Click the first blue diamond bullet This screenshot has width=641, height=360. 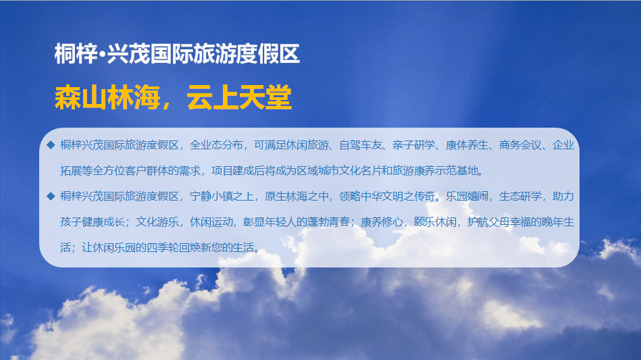pyautogui.click(x=51, y=145)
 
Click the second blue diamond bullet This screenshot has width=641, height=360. pyautogui.click(x=51, y=196)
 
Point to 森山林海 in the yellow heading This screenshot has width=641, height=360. pyautogui.click(x=107, y=98)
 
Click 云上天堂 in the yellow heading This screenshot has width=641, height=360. pyautogui.click(x=239, y=98)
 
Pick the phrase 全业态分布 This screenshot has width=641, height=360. pyautogui.click(x=217, y=145)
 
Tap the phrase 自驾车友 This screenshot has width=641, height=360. pyautogui.click(x=361, y=145)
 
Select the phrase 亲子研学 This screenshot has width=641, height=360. pyautogui.click(x=413, y=145)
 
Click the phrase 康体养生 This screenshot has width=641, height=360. pyautogui.click(x=467, y=145)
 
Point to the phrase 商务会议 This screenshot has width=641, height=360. pyautogui.click(x=520, y=145)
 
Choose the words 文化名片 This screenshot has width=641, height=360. pyautogui.click(x=360, y=170)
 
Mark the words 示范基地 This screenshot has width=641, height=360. pyautogui.click(x=456, y=170)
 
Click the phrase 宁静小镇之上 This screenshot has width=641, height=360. pyautogui.click(x=222, y=196)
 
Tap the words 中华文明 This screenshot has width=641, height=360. pyautogui.click(x=382, y=196)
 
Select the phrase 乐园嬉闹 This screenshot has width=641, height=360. pyautogui.click(x=467, y=196)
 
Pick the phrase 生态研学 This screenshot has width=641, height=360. pyautogui.click(x=520, y=196)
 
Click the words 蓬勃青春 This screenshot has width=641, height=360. pyautogui.click(x=328, y=222)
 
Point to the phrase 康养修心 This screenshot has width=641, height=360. pyautogui.click(x=382, y=222)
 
